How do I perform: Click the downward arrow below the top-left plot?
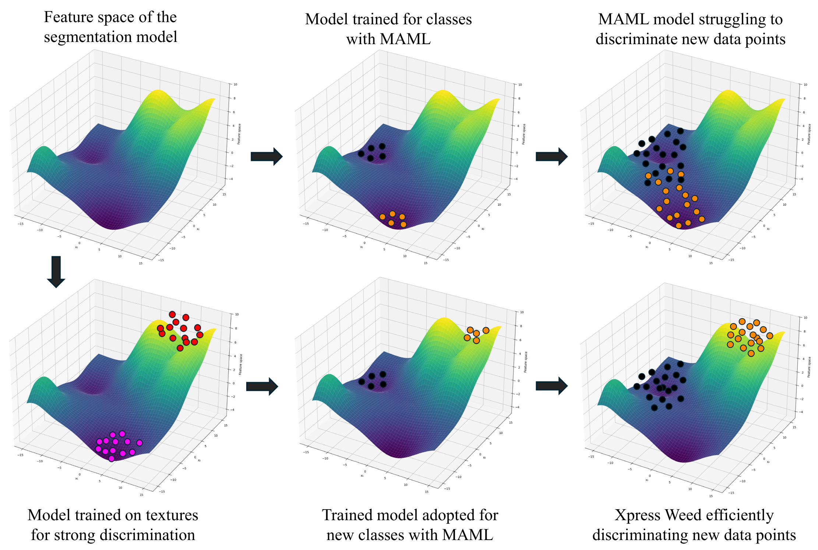point(56,272)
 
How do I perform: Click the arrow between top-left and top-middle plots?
point(266,156)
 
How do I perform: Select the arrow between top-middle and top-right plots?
point(551,156)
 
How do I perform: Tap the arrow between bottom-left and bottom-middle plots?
point(262,387)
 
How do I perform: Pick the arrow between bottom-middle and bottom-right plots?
point(551,386)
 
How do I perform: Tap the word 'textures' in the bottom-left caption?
point(172,515)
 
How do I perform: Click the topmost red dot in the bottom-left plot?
point(172,314)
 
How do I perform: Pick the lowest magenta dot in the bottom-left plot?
point(112,458)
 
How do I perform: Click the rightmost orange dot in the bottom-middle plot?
point(486,330)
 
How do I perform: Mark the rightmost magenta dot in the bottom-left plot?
point(139,443)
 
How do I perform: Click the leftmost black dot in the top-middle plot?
point(361,154)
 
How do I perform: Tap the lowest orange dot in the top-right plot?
point(678,225)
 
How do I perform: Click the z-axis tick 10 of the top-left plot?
point(235,84)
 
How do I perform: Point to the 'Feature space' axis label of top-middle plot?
point(524,134)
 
